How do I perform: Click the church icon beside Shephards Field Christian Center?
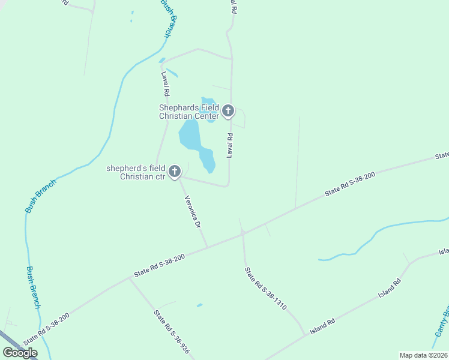tap(228, 111)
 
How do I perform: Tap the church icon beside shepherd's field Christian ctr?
tap(174, 172)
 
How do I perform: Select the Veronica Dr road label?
tap(193, 212)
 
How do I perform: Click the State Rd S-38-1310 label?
tap(265, 289)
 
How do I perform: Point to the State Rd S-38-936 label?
tap(171, 331)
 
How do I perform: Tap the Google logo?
tap(20, 353)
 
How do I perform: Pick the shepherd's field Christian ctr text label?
tap(136, 172)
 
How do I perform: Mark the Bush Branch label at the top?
tap(170, 18)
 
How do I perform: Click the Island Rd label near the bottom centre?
tap(322, 327)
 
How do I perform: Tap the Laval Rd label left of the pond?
tap(164, 85)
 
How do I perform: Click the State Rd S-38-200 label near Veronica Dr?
tap(159, 265)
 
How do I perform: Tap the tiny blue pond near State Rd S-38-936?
tap(199, 305)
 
